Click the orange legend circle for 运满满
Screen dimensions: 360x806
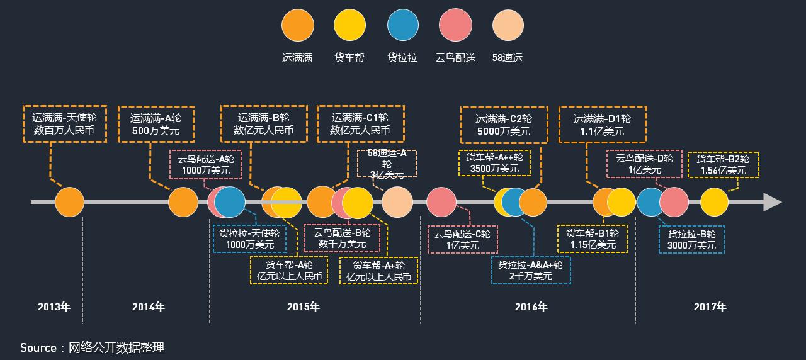coord(297,26)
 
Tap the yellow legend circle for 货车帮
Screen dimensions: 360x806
coord(349,26)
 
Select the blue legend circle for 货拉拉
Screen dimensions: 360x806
coord(403,26)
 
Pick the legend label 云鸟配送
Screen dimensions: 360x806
coord(455,58)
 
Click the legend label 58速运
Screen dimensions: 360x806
coord(508,58)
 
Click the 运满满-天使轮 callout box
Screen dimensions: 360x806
coord(64,124)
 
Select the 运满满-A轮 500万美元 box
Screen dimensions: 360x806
coord(155,124)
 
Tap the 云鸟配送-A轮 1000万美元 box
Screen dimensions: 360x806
coord(206,164)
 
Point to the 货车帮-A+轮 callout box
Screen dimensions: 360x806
coord(378,271)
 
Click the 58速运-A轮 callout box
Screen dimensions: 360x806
coord(387,164)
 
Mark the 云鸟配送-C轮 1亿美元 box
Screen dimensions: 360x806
coord(463,239)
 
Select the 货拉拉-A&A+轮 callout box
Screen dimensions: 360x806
coord(530,270)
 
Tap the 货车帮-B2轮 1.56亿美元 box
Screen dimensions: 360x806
coord(723,164)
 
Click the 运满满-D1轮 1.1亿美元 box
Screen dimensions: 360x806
coord(602,125)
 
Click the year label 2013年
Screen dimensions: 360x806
coord(54,307)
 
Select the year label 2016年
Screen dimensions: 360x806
coord(531,307)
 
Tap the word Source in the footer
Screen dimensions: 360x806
coord(38,347)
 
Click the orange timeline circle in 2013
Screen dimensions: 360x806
coord(69,202)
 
